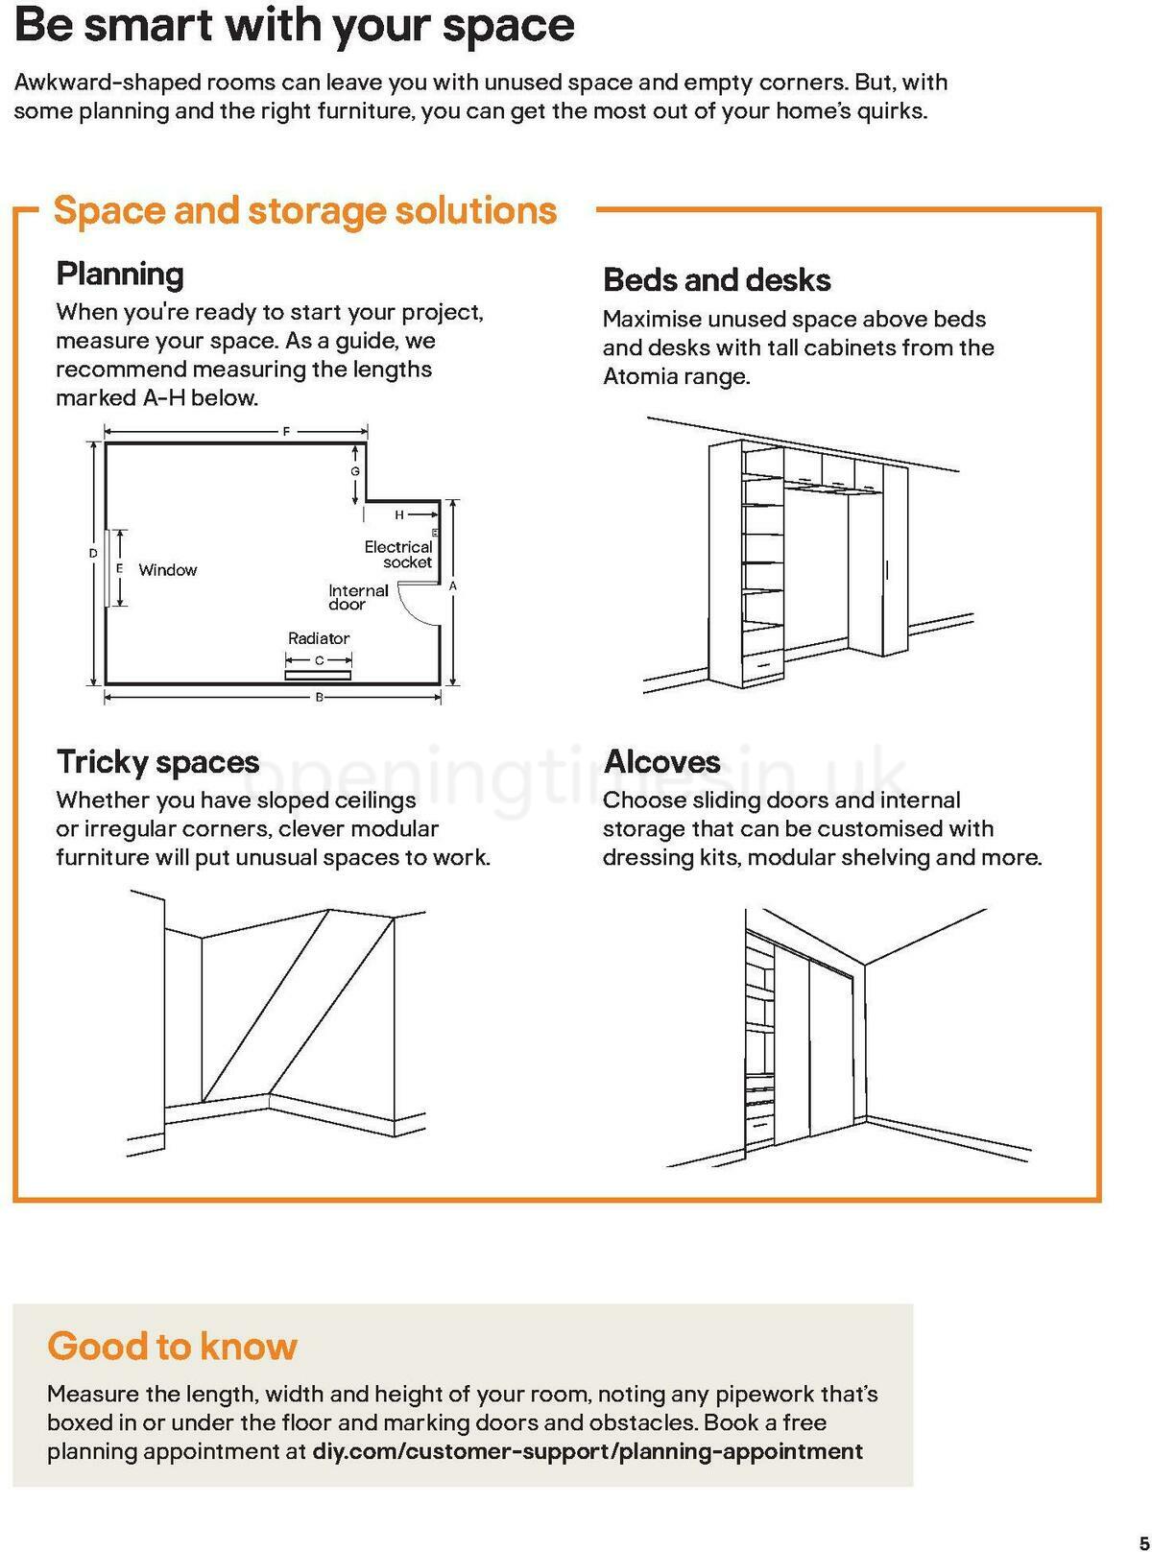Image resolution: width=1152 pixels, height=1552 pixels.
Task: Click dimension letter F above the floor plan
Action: (285, 432)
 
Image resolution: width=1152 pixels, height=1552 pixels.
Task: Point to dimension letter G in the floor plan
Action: (354, 471)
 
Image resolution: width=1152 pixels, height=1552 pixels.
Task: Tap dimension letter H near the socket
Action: (399, 515)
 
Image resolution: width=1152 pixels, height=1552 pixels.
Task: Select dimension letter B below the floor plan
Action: (320, 698)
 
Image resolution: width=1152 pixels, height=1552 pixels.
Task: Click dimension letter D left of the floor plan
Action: (93, 554)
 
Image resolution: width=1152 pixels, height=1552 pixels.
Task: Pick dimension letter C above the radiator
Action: (320, 660)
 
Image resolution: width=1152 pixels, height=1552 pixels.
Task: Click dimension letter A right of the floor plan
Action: (453, 585)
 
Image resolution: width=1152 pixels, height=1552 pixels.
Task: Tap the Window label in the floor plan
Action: (168, 570)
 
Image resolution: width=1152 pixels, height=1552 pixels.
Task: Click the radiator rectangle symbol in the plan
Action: (319, 675)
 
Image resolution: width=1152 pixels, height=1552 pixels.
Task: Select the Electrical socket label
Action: (398, 555)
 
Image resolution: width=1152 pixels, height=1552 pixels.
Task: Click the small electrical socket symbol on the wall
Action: (435, 532)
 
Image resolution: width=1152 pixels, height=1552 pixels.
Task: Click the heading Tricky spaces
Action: (157, 762)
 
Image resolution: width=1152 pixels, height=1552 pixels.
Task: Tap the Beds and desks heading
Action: (716, 280)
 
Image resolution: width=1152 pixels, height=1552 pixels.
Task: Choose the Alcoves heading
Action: (661, 762)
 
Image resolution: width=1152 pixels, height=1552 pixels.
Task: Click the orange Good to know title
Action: (173, 1346)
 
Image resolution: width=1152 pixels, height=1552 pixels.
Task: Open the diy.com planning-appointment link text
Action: (588, 1451)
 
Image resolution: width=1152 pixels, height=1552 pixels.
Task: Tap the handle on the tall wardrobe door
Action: (887, 569)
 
